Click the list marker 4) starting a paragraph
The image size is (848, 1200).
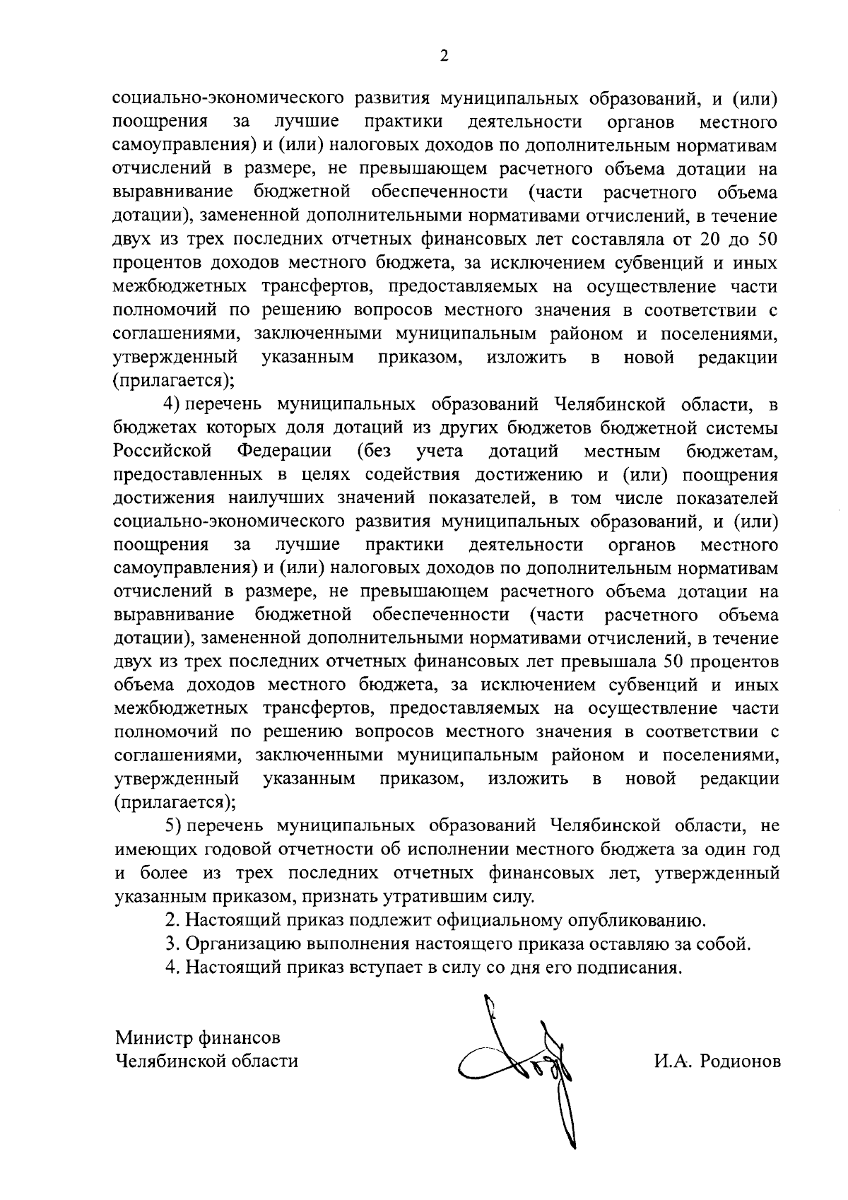[174, 404]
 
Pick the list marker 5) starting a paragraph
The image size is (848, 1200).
[174, 825]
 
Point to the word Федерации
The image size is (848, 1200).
[284, 451]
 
